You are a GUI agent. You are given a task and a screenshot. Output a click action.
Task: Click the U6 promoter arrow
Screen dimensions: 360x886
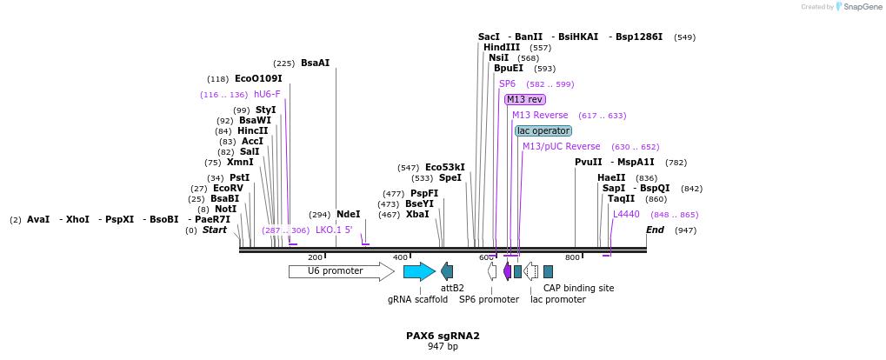340,271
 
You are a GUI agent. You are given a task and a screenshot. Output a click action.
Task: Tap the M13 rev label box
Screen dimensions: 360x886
524,99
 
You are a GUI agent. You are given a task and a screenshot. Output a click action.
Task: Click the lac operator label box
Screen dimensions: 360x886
543,130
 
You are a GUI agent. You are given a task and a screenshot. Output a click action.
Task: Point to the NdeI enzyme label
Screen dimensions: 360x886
348,214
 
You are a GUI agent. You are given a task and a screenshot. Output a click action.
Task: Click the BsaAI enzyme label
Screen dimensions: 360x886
315,63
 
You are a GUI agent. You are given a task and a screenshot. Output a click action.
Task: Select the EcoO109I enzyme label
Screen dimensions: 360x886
258,78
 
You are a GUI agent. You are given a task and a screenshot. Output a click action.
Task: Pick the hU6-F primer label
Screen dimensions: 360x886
267,94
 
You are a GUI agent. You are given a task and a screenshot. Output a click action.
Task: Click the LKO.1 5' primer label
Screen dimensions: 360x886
334,230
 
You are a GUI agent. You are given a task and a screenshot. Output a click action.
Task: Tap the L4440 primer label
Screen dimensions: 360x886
626,214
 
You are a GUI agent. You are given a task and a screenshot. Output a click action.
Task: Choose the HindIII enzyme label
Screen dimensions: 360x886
502,47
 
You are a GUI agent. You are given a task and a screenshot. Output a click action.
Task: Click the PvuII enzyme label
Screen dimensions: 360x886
588,162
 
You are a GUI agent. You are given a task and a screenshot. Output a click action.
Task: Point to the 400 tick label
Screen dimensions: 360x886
400,257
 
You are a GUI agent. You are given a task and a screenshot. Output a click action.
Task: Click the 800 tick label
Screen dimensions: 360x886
572,257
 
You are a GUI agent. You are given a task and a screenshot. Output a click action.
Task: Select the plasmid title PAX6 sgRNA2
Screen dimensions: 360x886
443,336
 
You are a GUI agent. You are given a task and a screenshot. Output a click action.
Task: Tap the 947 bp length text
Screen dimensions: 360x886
443,346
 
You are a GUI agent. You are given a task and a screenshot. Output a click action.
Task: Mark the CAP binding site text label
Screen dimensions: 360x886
578,288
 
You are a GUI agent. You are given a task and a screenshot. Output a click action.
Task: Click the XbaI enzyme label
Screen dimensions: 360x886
417,214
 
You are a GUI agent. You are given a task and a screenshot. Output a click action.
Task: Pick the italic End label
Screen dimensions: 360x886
655,230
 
